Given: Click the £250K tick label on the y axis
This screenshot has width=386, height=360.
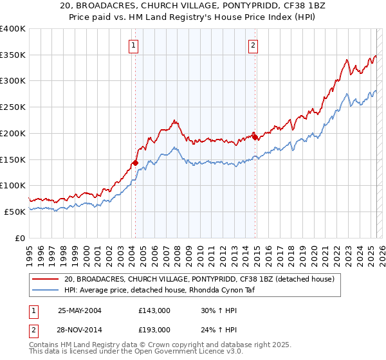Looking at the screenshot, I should pyautogui.click(x=13, y=107).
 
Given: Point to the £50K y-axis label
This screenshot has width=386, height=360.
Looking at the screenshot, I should pyautogui.click(x=15, y=212).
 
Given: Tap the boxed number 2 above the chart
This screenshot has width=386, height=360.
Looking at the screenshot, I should pyautogui.click(x=253, y=45).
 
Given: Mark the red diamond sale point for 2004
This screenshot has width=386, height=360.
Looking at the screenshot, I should pyautogui.click(x=136, y=163).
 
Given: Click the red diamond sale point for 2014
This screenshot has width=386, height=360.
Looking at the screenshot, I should pyautogui.click(x=255, y=137).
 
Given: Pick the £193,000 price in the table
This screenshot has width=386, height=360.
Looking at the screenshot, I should pyautogui.click(x=154, y=329).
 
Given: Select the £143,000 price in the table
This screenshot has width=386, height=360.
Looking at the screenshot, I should pyautogui.click(x=154, y=310).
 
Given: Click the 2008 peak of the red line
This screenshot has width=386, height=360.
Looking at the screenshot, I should pyautogui.click(x=174, y=120).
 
